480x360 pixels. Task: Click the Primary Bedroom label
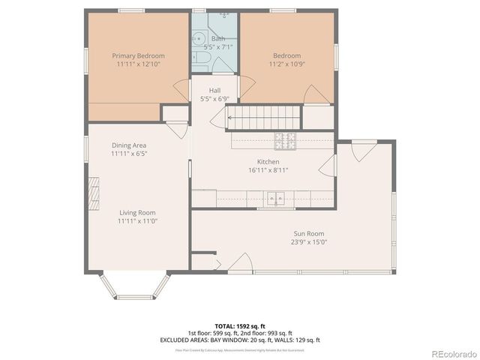[x=138, y=55]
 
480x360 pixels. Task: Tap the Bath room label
[x=217, y=38]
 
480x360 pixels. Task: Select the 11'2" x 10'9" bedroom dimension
[x=286, y=64]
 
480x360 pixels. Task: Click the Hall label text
[x=214, y=90]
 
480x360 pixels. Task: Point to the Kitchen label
[x=268, y=162]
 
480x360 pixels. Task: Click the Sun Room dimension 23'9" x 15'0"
[x=308, y=242]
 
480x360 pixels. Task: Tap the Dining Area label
[x=129, y=145]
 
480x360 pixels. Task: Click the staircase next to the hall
[x=263, y=117]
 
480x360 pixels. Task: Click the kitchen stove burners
[x=285, y=139]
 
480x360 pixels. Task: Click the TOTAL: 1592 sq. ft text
[x=240, y=326]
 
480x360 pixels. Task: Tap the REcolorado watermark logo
[x=450, y=353]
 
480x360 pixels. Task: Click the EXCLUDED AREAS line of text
[x=240, y=340]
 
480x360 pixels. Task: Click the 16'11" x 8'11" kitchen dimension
[x=268, y=170]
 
